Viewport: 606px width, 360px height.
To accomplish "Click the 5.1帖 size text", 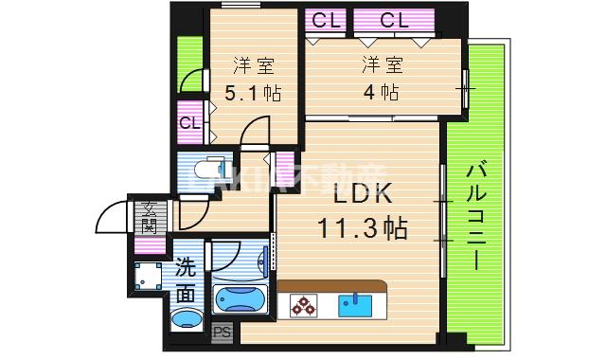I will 252,93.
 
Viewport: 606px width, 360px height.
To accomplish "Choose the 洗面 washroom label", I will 186,281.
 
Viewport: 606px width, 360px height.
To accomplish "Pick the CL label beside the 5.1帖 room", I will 189,122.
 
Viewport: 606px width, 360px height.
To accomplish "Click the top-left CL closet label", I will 324,19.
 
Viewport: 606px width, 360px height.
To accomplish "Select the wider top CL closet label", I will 393,19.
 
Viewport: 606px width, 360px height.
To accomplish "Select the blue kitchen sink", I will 358,305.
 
